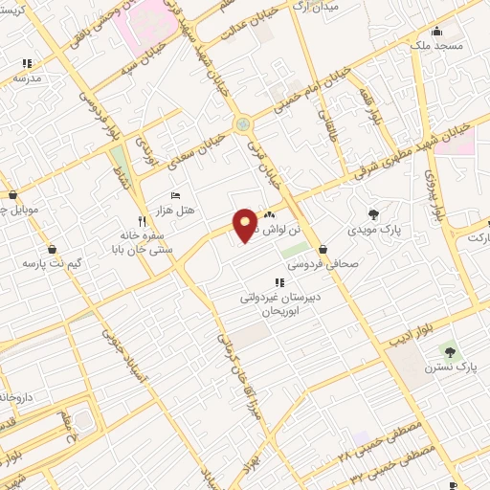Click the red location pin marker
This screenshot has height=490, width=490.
tap(246, 224)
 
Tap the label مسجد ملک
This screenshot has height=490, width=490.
tap(435, 45)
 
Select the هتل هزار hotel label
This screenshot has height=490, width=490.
tap(175, 209)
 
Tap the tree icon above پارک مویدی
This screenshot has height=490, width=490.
tap(372, 213)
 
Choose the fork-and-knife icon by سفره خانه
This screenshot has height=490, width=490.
tap(142, 219)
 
